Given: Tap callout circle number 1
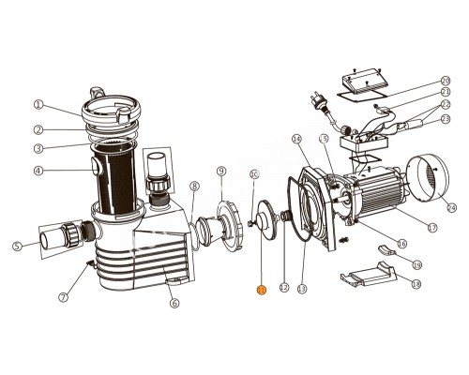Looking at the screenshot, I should click(x=38, y=105).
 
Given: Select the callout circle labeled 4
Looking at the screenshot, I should click(x=38, y=171).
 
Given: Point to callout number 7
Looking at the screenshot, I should click(x=64, y=298).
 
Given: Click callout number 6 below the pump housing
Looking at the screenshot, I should click(x=174, y=303).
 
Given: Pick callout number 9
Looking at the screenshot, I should click(x=221, y=171).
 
